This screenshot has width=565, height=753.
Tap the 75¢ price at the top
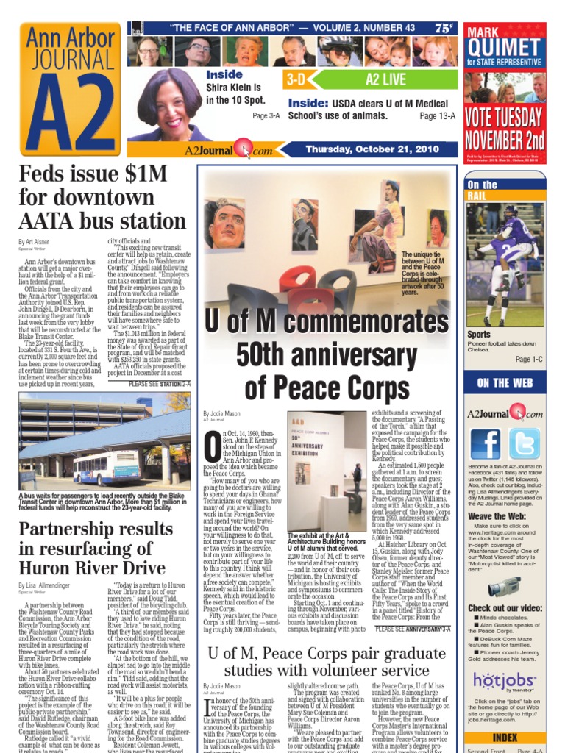(x=443, y=29)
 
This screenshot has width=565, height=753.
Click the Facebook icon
(x=486, y=443)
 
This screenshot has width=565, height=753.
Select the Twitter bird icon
(x=524, y=443)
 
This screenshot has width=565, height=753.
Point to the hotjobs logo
(x=503, y=679)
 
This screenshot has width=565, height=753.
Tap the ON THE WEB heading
(x=505, y=383)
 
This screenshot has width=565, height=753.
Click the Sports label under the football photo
(x=479, y=334)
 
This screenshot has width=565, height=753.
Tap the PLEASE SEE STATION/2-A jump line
(x=160, y=383)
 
